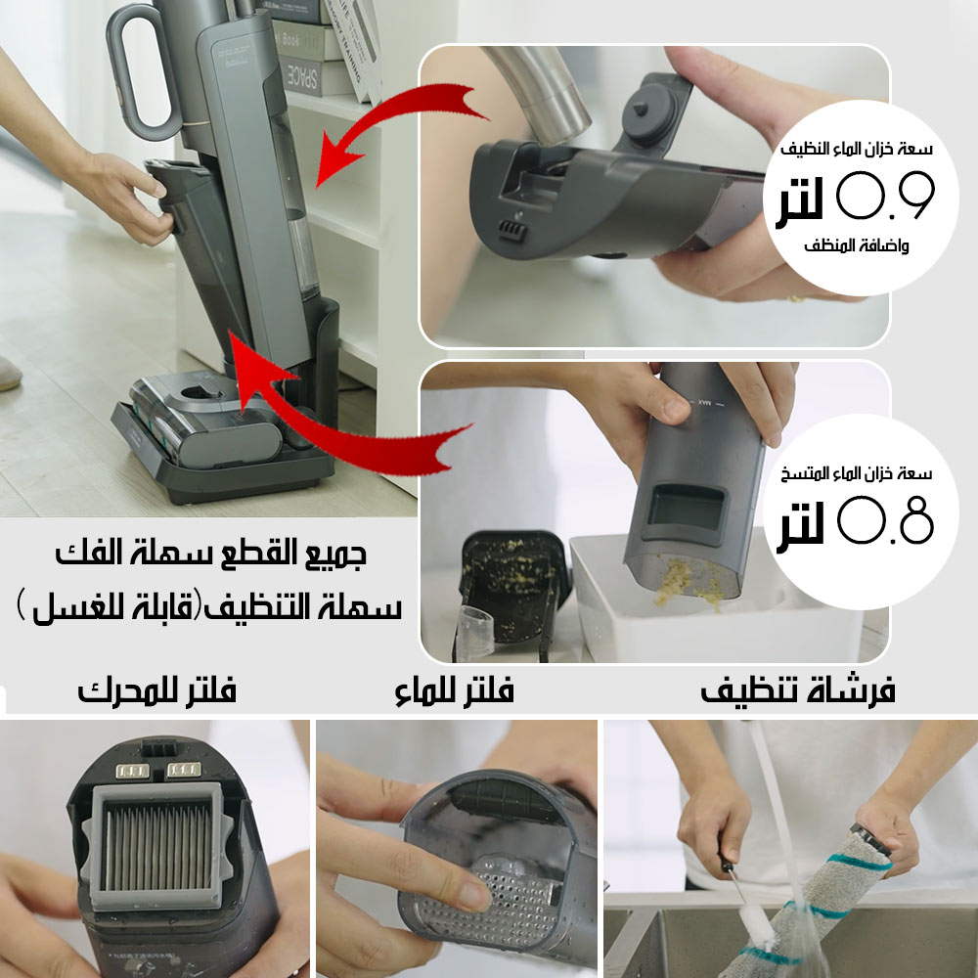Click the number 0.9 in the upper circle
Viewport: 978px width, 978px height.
[x=885, y=196]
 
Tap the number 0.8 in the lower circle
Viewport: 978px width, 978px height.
[x=885, y=519]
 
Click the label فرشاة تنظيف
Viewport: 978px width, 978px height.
[x=798, y=690]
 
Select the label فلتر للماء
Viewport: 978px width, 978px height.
[x=454, y=690]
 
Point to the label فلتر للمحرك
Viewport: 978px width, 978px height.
[x=156, y=689]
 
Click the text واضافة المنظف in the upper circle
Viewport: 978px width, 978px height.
[x=856, y=245]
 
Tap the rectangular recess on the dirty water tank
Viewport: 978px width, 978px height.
[x=687, y=507]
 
